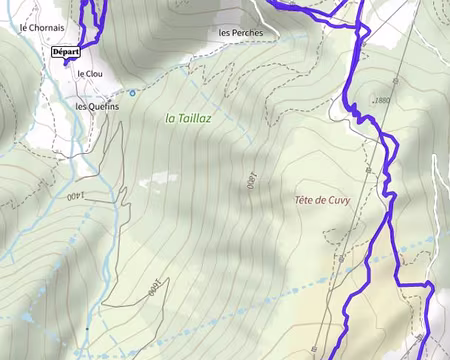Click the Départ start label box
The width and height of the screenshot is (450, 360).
pyautogui.click(x=65, y=52)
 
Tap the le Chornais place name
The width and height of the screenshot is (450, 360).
pyautogui.click(x=43, y=28)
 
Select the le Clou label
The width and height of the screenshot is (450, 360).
pyautogui.click(x=90, y=74)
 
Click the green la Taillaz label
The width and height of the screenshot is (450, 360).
pyautogui.click(x=188, y=118)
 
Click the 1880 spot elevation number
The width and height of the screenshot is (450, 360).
pyautogui.click(x=379, y=101)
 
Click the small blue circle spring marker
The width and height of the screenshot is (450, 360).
pyautogui.click(x=133, y=92)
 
